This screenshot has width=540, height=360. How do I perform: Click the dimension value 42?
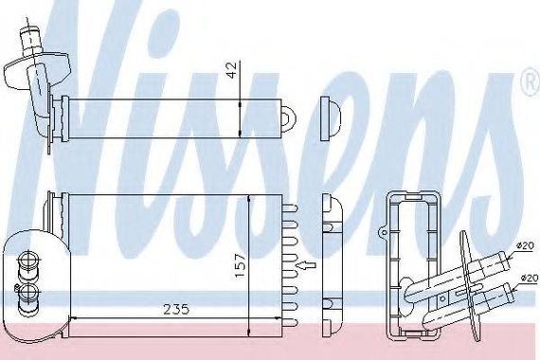(x=233, y=70)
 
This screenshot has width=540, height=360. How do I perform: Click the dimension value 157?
(x=240, y=265)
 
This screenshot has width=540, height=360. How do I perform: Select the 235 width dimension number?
(x=176, y=310)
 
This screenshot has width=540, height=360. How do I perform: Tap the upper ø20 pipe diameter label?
(x=525, y=245)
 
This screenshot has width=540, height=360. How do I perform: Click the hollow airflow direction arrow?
(x=306, y=265)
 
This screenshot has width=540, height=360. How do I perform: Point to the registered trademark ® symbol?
(x=533, y=84)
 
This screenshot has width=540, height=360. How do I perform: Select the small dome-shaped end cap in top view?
(x=331, y=118)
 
